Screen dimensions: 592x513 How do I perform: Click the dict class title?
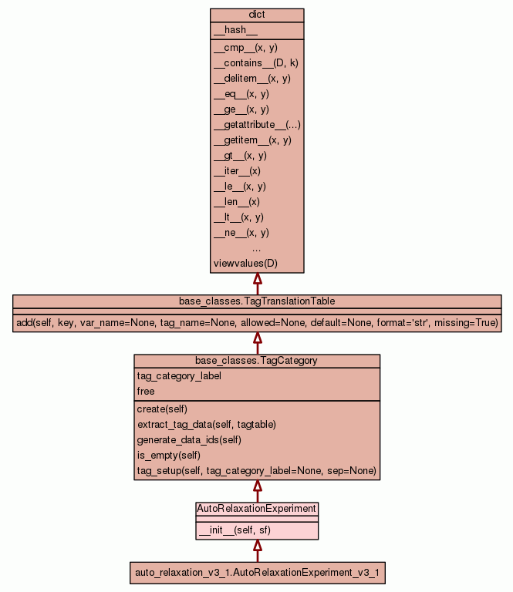click(x=257, y=15)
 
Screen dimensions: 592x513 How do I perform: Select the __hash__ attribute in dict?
click(x=230, y=30)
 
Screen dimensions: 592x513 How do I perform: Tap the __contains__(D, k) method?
click(x=255, y=63)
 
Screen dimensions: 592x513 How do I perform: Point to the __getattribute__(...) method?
click(x=257, y=125)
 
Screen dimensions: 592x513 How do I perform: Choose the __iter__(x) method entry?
click(x=237, y=171)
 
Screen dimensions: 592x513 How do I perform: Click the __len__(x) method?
click(x=237, y=202)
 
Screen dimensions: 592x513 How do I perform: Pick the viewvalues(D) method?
click(x=245, y=264)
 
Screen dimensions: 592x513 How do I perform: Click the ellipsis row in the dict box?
click(x=257, y=248)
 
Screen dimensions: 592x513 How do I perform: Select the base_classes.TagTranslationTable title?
click(x=257, y=301)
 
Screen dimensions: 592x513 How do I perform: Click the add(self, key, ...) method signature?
click(x=257, y=322)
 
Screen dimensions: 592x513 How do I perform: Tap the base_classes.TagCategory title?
click(x=257, y=360)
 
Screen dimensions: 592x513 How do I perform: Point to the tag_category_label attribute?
click(x=179, y=376)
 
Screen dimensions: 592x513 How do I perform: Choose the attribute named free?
click(x=146, y=392)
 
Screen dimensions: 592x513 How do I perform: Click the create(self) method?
click(x=162, y=409)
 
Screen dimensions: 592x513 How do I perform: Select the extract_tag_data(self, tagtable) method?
click(x=206, y=424)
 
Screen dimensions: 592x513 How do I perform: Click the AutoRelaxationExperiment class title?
click(x=257, y=509)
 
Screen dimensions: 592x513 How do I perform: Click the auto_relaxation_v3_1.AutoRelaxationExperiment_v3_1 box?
click(x=257, y=573)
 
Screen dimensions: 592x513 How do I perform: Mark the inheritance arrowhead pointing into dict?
click(x=257, y=279)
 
